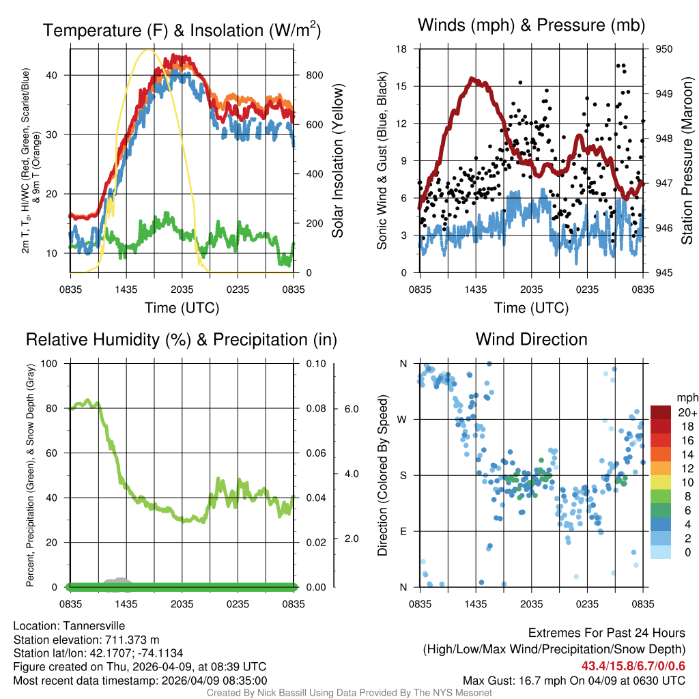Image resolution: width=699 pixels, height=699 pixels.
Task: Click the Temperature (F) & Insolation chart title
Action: click(x=182, y=30)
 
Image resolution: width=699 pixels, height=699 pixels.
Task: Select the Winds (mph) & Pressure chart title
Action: click(x=531, y=25)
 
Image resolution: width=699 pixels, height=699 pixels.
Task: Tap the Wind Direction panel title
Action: click(x=531, y=339)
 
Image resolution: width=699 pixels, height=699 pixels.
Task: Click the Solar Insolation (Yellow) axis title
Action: click(x=338, y=161)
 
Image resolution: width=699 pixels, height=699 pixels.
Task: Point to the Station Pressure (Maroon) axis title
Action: click(x=687, y=161)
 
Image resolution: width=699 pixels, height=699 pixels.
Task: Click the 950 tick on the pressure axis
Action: click(x=664, y=49)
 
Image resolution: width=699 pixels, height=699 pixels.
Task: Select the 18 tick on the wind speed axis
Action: click(x=401, y=49)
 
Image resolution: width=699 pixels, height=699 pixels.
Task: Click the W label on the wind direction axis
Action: click(x=403, y=419)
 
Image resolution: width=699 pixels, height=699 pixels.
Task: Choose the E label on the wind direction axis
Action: click(x=403, y=531)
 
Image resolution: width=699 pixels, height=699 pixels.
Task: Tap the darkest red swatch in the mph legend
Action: click(x=661, y=412)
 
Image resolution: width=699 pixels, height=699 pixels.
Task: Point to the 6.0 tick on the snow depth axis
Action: click(x=352, y=409)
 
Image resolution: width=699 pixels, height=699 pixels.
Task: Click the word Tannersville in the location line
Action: click(x=91, y=626)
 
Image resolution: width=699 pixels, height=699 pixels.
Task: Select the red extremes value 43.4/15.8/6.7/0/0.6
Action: click(x=633, y=666)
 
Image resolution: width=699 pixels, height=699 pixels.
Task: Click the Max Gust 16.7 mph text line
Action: click(x=574, y=680)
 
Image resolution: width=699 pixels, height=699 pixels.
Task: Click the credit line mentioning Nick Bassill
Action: click(x=349, y=693)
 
